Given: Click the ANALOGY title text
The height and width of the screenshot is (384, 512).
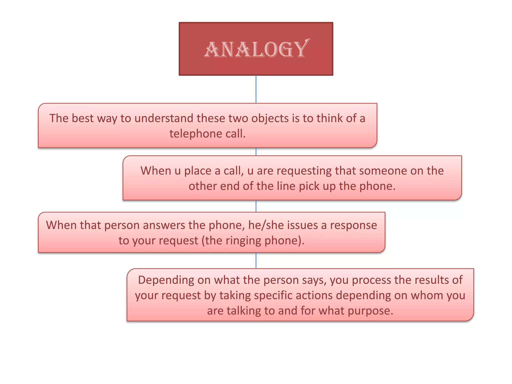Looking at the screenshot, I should tap(256, 49).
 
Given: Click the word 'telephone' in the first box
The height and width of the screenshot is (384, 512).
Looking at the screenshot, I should tap(195, 134).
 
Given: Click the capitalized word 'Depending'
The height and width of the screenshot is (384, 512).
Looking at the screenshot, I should tap(166, 280).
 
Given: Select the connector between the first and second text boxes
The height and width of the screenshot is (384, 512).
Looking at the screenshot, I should tap(256, 152).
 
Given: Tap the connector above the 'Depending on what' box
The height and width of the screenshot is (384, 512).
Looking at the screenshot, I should tap(256, 260).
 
